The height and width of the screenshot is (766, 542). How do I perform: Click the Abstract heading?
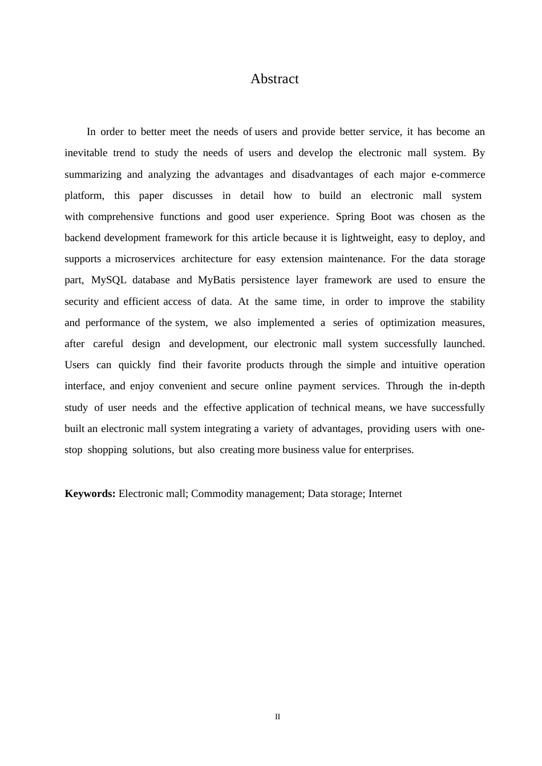click(x=274, y=79)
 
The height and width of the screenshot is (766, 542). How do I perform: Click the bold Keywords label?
click(x=90, y=494)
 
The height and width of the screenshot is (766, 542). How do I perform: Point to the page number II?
click(x=277, y=716)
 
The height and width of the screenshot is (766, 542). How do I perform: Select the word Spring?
click(x=350, y=217)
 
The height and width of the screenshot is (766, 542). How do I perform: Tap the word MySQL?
click(x=108, y=280)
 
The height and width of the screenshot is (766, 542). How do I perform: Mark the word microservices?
click(x=145, y=259)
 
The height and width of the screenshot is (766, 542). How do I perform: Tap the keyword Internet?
click(x=385, y=494)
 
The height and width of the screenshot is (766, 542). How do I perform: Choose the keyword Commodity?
click(x=217, y=494)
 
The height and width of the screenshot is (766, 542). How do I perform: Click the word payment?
click(x=317, y=386)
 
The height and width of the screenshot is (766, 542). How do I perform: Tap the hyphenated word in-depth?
click(x=467, y=386)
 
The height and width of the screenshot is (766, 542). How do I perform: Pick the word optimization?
click(x=407, y=323)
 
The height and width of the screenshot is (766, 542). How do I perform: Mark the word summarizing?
click(x=93, y=174)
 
